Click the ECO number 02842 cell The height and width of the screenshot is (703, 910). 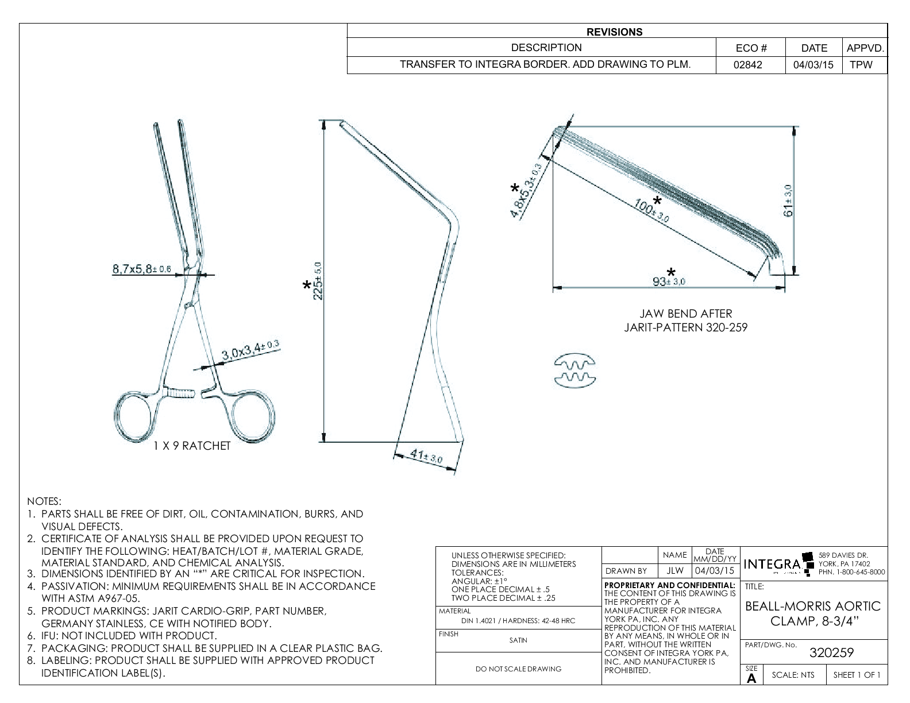click(x=747, y=65)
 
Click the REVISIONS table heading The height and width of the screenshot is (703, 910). click(x=614, y=32)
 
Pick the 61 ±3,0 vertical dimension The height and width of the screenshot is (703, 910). click(x=789, y=200)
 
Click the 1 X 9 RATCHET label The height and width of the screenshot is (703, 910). click(x=191, y=446)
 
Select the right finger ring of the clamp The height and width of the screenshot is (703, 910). click(x=253, y=417)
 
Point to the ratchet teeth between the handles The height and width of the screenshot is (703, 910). click(x=182, y=394)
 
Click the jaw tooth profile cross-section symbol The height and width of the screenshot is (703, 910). click(x=574, y=370)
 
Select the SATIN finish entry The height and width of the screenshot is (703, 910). click(x=518, y=640)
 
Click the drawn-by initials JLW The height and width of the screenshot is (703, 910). click(x=674, y=571)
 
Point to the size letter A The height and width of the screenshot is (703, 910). click(x=751, y=678)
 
